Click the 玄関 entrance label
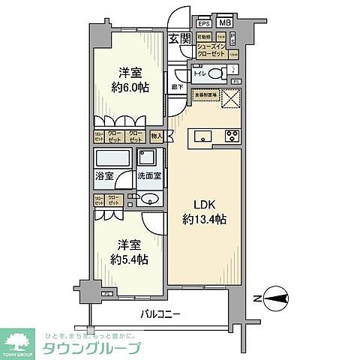178,40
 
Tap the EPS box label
203,22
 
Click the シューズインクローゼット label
212,50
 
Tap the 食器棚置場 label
206,95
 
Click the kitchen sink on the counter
204,136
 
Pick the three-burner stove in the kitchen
231,136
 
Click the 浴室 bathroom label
103,176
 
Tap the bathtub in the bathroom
113,159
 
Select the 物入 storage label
157,136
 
